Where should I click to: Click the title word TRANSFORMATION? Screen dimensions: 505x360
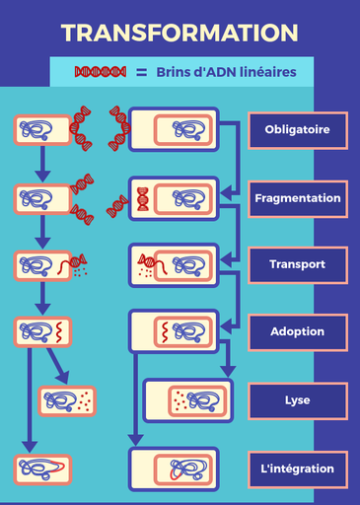[180, 33]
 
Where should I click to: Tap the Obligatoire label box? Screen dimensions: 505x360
[297, 130]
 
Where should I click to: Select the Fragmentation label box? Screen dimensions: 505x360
[297, 197]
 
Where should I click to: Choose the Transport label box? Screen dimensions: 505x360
[297, 264]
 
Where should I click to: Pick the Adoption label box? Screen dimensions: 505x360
[297, 331]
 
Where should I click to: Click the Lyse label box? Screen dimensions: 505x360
[297, 400]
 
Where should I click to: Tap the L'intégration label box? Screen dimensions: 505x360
[297, 469]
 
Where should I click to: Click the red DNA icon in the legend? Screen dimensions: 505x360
[102, 72]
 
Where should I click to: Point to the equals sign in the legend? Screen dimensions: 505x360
[141, 72]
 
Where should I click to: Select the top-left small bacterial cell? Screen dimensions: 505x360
[41, 128]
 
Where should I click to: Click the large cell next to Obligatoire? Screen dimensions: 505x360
[174, 129]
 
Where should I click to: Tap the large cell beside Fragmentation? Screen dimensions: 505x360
[174, 198]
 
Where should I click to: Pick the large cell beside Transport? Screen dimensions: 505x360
[174, 264]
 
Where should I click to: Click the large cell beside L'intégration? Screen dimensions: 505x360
[174, 469]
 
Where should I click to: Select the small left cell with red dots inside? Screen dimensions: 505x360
[67, 400]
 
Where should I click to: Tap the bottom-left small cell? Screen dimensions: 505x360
[41, 469]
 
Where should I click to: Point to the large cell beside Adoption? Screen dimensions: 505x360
[174, 331]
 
